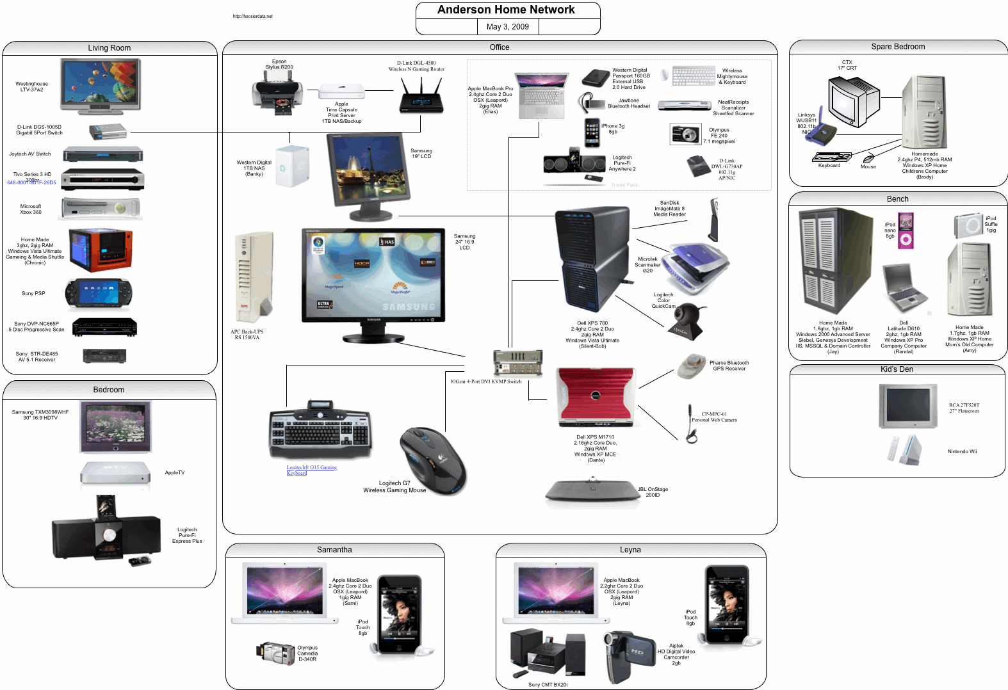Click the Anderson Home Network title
tap(506, 10)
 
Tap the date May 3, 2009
tap(507, 27)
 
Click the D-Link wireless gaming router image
tap(421, 97)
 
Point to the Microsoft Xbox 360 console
tap(101, 209)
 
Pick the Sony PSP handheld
tap(99, 294)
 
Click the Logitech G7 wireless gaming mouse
tap(432, 461)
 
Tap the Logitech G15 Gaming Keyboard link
tap(311, 470)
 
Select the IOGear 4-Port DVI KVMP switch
tap(517, 364)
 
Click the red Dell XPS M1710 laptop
tap(595, 397)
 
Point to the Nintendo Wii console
tap(905, 450)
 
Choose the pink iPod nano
tap(906, 230)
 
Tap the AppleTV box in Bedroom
tap(115, 474)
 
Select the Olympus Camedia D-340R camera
tap(276, 652)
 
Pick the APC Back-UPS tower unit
tap(254, 278)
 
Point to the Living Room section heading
tap(109, 48)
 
